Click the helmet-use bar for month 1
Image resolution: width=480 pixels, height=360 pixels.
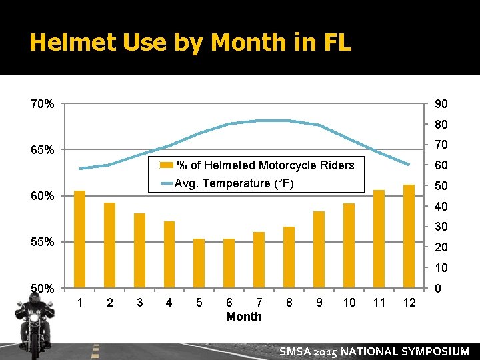(x=79, y=239)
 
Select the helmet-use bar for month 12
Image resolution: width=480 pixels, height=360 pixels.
(x=409, y=236)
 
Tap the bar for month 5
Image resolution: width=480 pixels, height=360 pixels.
(x=199, y=263)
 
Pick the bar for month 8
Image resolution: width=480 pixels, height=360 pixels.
(x=289, y=257)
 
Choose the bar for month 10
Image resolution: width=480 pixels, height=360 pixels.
(x=349, y=245)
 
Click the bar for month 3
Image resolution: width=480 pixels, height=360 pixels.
(x=139, y=251)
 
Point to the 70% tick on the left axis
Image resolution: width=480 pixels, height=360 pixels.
(x=42, y=104)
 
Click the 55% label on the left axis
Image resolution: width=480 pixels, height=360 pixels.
(x=42, y=242)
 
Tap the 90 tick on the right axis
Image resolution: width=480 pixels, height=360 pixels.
(x=441, y=105)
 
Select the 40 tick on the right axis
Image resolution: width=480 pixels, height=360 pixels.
(x=441, y=207)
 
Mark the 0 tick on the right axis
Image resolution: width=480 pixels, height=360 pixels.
(x=437, y=289)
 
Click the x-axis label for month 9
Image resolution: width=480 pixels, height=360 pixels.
(x=319, y=303)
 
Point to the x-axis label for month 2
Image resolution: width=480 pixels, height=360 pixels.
(x=110, y=303)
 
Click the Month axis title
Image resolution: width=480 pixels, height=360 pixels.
(x=244, y=317)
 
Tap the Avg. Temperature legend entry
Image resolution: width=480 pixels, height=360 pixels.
(x=233, y=183)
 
